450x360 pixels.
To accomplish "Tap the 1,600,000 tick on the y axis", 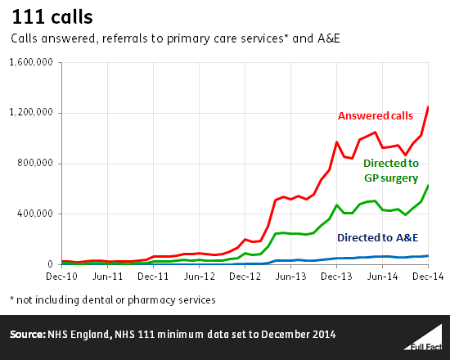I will [x=30, y=62].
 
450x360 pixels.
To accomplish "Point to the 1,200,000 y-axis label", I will [x=30, y=113].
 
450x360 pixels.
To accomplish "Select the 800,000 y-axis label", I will [x=36, y=164].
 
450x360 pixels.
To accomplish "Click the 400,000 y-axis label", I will [x=36, y=214].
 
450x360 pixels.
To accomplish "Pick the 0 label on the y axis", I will [x=50, y=264].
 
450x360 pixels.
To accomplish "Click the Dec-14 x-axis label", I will [x=426, y=278].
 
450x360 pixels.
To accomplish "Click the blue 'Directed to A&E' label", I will [x=378, y=237].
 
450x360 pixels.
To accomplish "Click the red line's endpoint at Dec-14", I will [x=429, y=106].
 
